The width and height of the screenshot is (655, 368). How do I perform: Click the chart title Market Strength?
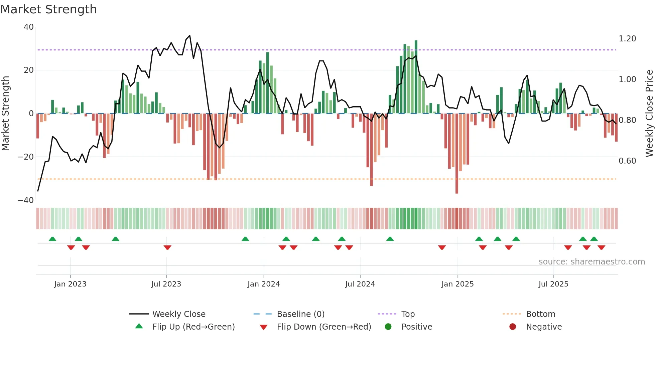(x=48, y=9)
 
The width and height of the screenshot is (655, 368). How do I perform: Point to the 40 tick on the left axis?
(x=29, y=27)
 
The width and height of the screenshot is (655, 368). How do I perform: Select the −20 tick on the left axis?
(x=26, y=157)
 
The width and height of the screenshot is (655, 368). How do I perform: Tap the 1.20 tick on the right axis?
(x=627, y=39)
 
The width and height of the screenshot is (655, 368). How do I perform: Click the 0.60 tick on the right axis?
(x=627, y=161)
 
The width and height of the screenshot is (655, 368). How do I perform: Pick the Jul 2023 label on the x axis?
(x=166, y=284)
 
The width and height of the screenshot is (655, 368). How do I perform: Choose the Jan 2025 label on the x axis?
(x=457, y=284)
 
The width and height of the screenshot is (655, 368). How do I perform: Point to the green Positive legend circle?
(x=388, y=327)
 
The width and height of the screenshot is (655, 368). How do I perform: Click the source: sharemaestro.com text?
(x=592, y=262)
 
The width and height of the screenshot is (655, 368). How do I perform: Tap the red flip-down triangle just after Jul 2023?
(x=167, y=247)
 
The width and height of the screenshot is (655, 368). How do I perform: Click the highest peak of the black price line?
(x=190, y=35)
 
